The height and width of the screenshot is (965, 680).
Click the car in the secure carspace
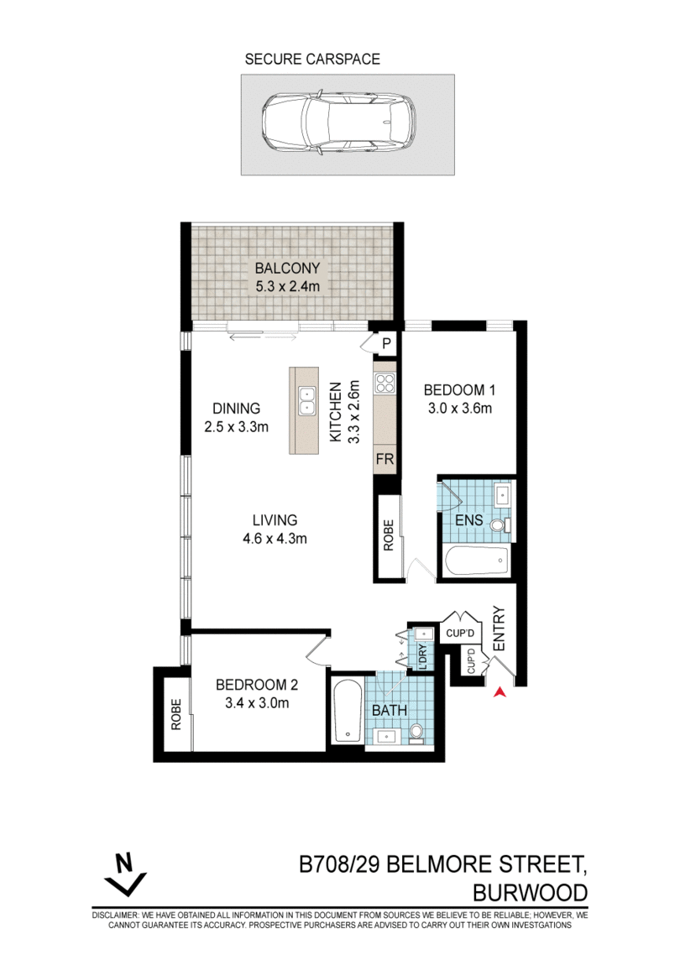(x=338, y=123)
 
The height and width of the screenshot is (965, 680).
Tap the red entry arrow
(x=500, y=691)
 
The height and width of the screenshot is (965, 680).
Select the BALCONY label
(x=288, y=269)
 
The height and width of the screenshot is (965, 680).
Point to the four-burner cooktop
(x=385, y=383)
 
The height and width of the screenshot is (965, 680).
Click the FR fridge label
(x=385, y=459)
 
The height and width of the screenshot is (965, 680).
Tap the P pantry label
(x=387, y=343)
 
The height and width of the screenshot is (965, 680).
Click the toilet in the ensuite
(x=500, y=525)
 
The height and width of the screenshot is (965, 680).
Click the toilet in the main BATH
(x=416, y=733)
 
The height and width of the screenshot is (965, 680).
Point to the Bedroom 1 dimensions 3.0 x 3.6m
(x=459, y=408)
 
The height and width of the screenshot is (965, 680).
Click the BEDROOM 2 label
(x=257, y=685)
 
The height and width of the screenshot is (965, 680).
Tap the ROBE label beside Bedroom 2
(x=176, y=714)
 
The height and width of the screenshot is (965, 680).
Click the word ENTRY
(x=499, y=629)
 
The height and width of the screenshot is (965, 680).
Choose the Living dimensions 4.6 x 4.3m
(x=275, y=539)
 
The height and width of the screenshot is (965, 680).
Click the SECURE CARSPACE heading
(x=312, y=59)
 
